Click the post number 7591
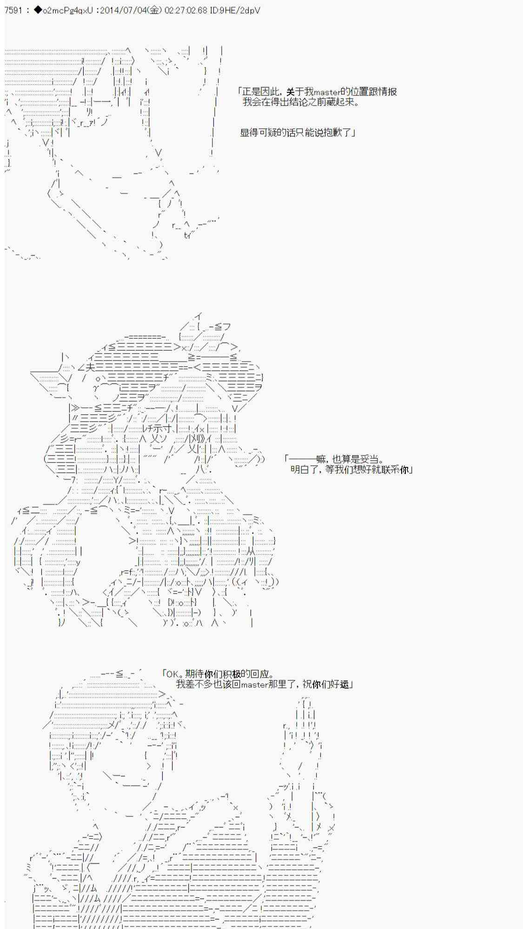(x=13, y=10)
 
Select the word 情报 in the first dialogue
(x=388, y=92)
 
